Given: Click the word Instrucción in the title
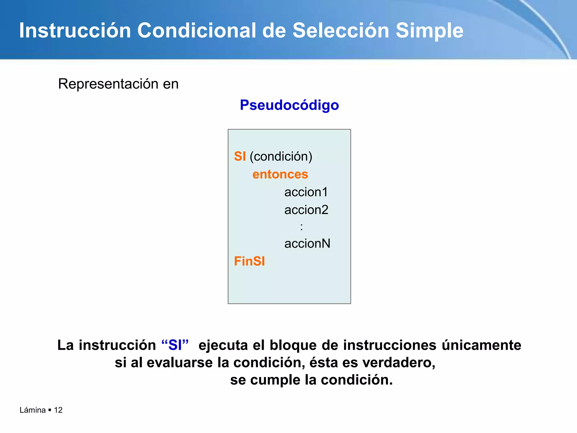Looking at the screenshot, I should click(75, 30).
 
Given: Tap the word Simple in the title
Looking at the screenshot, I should click(429, 30).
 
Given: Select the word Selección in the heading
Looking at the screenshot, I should click(341, 30).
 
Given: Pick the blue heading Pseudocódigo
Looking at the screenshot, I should click(289, 105).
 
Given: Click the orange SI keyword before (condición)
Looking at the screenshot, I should click(240, 156).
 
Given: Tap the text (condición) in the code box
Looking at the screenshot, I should click(281, 156).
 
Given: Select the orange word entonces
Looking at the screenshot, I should click(280, 174).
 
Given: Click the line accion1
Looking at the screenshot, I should click(306, 192).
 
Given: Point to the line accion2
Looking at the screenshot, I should click(306, 210).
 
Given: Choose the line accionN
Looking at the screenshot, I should click(307, 244).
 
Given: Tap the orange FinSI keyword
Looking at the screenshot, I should click(249, 261).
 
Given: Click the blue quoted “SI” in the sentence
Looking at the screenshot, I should click(175, 345).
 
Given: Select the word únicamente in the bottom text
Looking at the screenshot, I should click(481, 345).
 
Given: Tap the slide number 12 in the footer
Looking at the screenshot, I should click(58, 410).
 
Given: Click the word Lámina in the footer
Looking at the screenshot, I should click(32, 410).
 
